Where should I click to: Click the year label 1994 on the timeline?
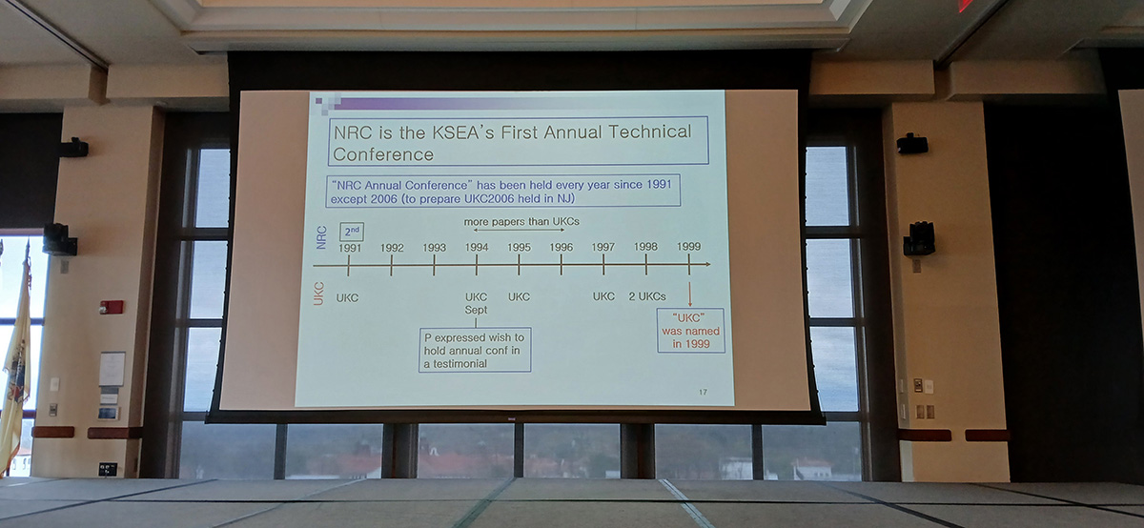pos(477,248)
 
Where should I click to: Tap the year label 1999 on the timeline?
pos(688,247)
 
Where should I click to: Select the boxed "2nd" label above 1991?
pos(352,232)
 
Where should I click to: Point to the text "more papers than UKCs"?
pos(521,222)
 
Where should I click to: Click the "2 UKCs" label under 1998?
pos(647,296)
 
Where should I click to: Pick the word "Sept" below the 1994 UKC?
pos(476,310)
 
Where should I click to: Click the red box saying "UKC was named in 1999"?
pos(690,331)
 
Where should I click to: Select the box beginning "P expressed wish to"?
pos(475,350)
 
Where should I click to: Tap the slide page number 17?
pos(703,392)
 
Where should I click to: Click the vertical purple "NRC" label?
pos(321,237)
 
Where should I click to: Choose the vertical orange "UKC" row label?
pos(318,294)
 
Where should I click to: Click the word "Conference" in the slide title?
pos(383,154)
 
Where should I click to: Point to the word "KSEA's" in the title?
pos(463,132)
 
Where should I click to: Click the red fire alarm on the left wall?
pos(112,307)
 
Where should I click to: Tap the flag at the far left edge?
pos(15,357)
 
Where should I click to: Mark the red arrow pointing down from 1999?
pos(689,294)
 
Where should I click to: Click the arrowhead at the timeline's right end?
pos(707,264)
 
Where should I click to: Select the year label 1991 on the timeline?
pos(350,248)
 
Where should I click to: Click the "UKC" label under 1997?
pos(603,296)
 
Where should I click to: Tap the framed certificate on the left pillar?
pos(112,369)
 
